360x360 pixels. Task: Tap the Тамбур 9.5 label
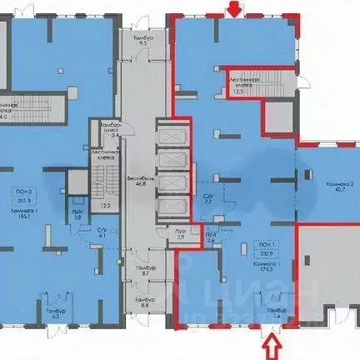click(x=143, y=41)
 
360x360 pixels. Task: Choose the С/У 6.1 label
click(x=101, y=233)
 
